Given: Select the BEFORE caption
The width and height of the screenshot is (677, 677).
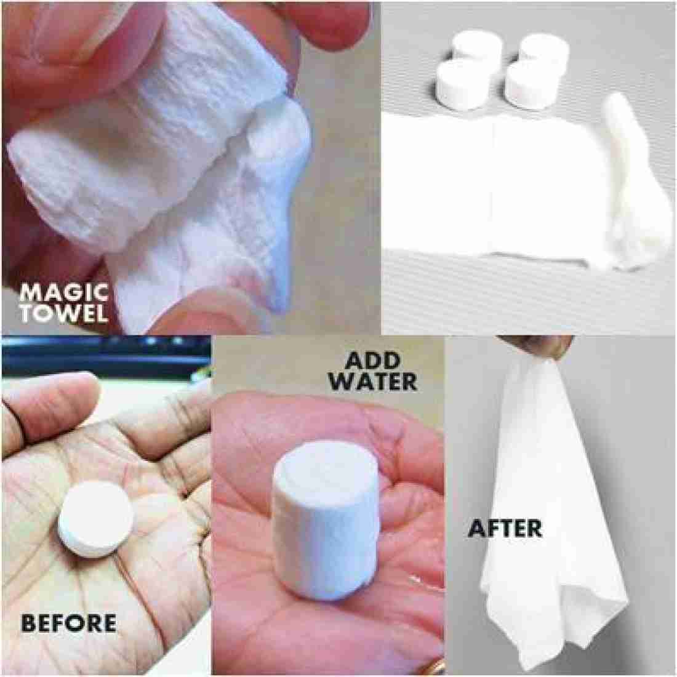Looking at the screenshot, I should [68, 622].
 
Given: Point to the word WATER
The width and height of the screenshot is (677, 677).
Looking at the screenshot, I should [371, 381].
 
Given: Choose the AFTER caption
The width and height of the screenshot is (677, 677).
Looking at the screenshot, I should [505, 527].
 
